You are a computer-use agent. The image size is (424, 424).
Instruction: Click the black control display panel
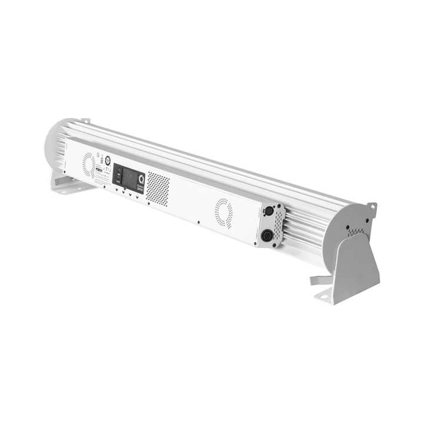[x=129, y=175]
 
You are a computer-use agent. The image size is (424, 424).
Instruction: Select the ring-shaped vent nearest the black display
[x=88, y=164]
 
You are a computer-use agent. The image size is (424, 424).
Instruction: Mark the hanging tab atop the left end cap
[x=85, y=122]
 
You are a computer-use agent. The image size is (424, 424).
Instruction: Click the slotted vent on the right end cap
[x=358, y=231]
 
